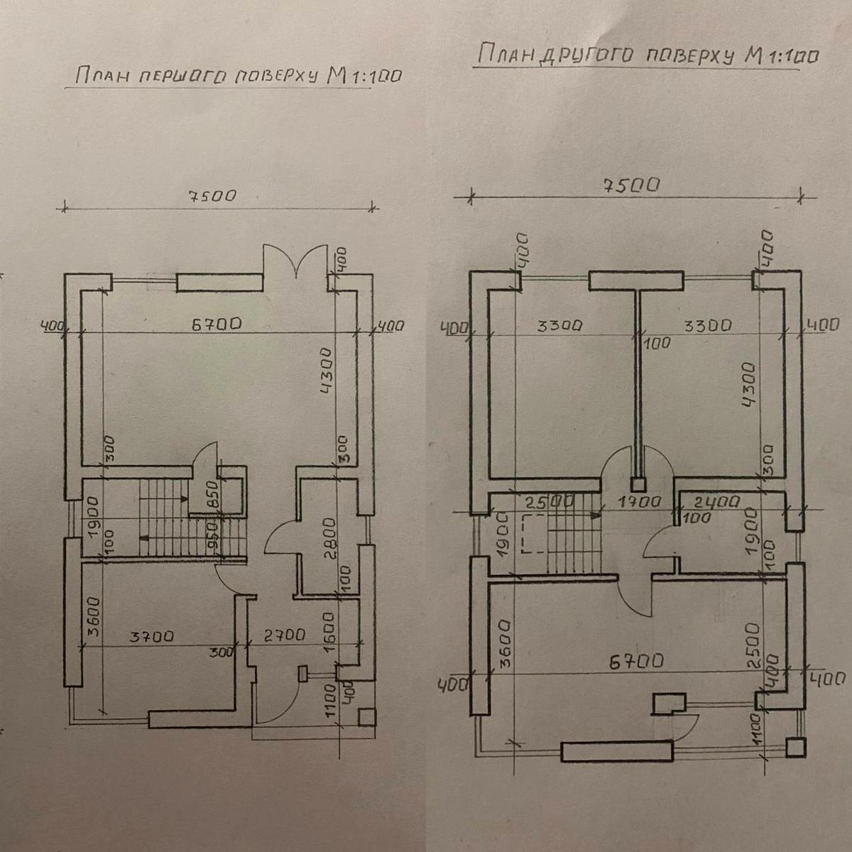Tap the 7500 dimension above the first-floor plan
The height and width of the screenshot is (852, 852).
[212, 195]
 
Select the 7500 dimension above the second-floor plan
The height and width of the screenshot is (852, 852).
[631, 185]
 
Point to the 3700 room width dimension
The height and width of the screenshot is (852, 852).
[152, 637]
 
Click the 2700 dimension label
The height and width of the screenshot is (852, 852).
[284, 635]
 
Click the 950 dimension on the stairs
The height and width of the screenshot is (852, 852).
[213, 535]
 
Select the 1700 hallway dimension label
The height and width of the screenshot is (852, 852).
[640, 502]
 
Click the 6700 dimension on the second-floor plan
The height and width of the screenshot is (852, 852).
[637, 661]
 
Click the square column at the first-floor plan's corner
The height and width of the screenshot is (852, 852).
[367, 717]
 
